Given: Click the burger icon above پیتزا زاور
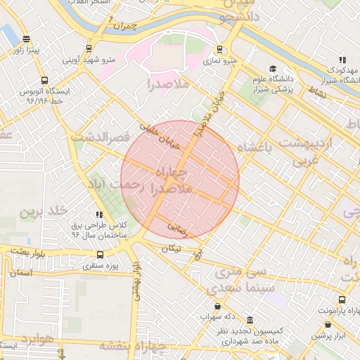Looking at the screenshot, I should click(x=26, y=39).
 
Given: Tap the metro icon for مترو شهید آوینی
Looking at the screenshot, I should click(x=89, y=48).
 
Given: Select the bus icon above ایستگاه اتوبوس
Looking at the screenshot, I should click(x=45, y=80).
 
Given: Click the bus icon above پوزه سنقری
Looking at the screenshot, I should click(x=100, y=255).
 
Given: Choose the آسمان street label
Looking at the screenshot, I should click(x=21, y=271).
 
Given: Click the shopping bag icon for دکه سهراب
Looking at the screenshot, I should click(x=217, y=307).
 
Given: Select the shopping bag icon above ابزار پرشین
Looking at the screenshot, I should click(x=328, y=325).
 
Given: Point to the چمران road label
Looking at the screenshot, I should click(x=127, y=28).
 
